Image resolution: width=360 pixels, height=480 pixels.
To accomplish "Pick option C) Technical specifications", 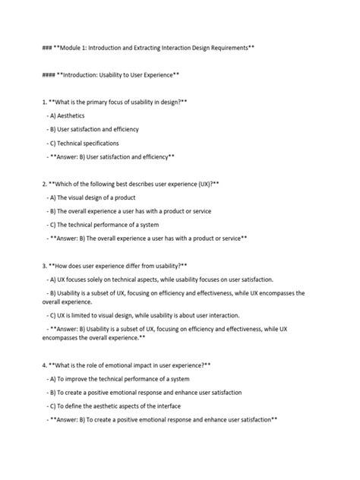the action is (x=83, y=143).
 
